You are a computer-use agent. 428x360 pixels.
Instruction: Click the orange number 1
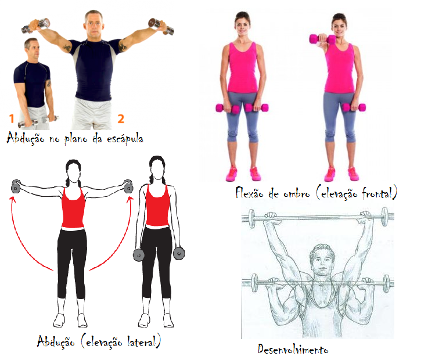pos(12,119)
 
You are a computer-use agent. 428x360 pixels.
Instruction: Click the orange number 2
pos(121,118)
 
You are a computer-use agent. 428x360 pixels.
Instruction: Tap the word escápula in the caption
pos(122,139)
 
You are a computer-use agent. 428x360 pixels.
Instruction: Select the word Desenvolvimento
pos(293,349)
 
